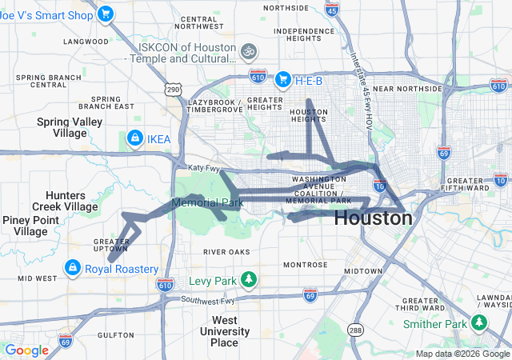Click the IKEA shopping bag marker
click(x=134, y=138)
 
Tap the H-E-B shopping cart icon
click(x=282, y=79)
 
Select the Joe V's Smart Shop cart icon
click(x=104, y=14)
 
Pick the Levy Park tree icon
click(x=249, y=279)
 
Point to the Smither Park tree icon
click(x=478, y=322)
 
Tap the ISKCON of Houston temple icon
click(x=249, y=50)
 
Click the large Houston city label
click(x=373, y=218)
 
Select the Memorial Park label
click(x=207, y=203)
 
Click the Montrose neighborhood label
click(x=304, y=265)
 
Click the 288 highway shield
click(x=355, y=330)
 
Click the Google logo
click(x=26, y=350)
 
